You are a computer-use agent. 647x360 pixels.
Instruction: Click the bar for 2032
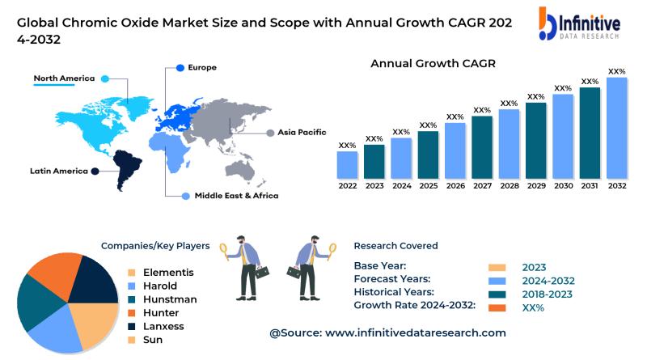[x=617, y=128]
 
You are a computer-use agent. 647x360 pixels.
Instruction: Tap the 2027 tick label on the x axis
[x=482, y=185]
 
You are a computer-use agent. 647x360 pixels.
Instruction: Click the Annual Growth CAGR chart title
[x=433, y=63]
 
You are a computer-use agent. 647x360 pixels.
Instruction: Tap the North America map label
[x=64, y=78]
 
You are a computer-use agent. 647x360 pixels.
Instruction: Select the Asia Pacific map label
[x=302, y=132]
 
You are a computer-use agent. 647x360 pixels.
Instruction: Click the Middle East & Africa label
[x=236, y=196]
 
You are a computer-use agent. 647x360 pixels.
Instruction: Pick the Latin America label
[x=59, y=171]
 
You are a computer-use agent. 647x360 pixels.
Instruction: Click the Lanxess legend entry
[x=163, y=326]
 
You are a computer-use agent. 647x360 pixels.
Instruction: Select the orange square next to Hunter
[x=131, y=313]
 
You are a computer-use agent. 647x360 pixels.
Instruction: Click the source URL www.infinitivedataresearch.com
[x=416, y=332]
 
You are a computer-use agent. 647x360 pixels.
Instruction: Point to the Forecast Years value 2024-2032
[x=549, y=281]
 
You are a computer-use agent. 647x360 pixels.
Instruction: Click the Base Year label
[x=380, y=266]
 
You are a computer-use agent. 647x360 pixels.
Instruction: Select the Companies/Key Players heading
[x=155, y=246]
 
